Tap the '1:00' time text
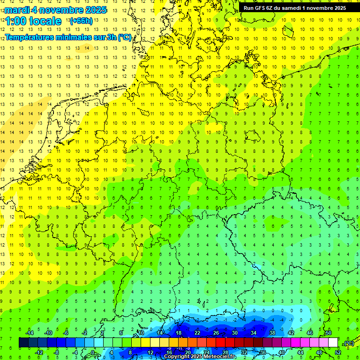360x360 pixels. point(15,21)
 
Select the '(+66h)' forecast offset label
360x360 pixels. point(81,21)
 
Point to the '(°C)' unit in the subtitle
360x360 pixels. point(125,37)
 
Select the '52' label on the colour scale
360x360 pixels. point(337,352)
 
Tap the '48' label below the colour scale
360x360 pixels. point(319,352)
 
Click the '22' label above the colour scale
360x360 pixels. point(197,333)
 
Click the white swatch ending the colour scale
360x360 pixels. point(333,343)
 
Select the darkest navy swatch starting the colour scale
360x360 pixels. point(23,343)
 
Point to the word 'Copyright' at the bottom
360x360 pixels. point(177,357)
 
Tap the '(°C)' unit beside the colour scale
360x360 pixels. point(349,343)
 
